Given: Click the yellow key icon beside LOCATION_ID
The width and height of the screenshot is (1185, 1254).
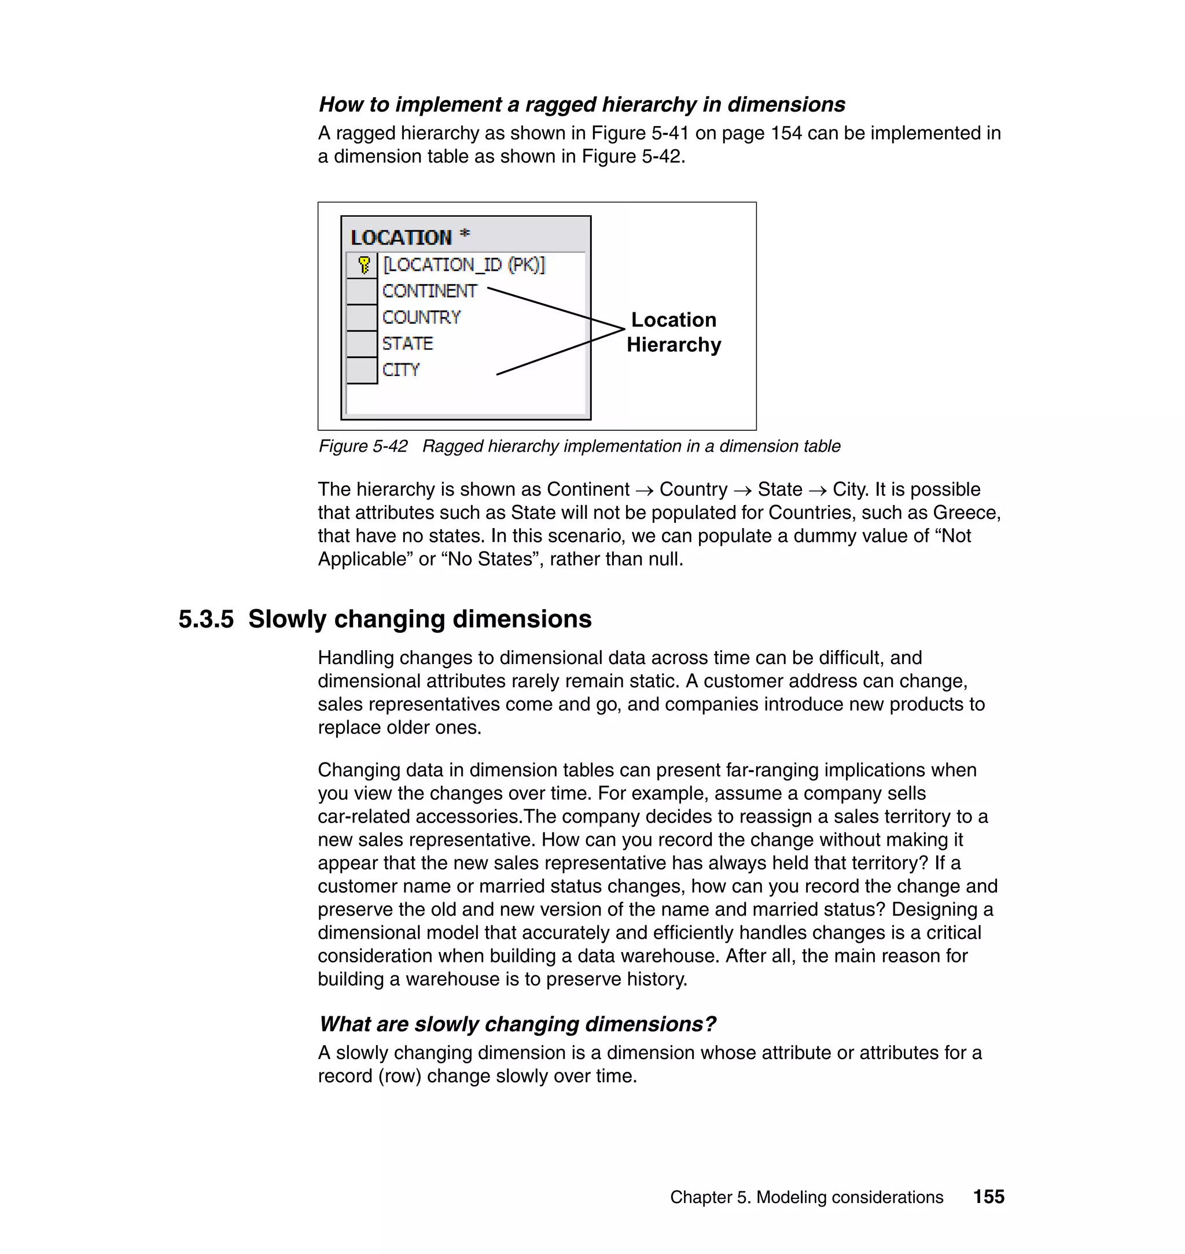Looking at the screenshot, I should [364, 264].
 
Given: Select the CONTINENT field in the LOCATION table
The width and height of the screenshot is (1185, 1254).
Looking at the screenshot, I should [429, 291].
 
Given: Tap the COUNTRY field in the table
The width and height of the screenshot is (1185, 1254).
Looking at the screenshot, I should [421, 317].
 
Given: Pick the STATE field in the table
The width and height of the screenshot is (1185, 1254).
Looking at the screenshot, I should [407, 344].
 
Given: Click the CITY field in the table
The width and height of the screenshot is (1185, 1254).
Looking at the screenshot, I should [400, 370].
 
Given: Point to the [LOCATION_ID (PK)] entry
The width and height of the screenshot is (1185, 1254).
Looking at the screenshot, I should [463, 264].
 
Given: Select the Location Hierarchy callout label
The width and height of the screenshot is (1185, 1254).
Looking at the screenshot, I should [674, 332].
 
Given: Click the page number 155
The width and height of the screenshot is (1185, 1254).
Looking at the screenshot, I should [988, 1197].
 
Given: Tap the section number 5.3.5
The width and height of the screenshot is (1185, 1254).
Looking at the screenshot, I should [206, 619].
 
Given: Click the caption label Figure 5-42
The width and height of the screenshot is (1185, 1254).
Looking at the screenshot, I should [363, 447].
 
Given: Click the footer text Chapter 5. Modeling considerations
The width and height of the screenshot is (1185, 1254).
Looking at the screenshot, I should [807, 1197].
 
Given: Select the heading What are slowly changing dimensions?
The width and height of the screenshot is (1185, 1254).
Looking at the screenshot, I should [517, 1024].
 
